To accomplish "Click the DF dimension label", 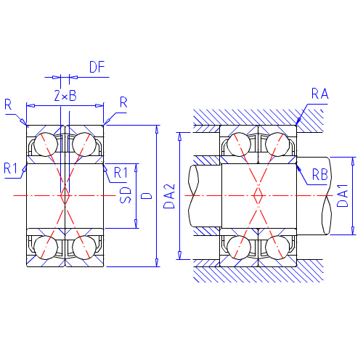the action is coord(97,67).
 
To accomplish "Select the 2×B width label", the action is coord(65,95).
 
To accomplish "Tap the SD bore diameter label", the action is coord(126,195).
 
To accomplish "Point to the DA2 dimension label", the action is coord(169,196).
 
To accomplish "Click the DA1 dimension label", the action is coord(343,195).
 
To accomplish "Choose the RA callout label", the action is coord(320,94).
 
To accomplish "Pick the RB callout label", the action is coord(320,174).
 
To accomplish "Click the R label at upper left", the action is coord(8,105).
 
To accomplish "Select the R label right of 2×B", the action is coord(123,102).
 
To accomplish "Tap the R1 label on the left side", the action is coord(11,168).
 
